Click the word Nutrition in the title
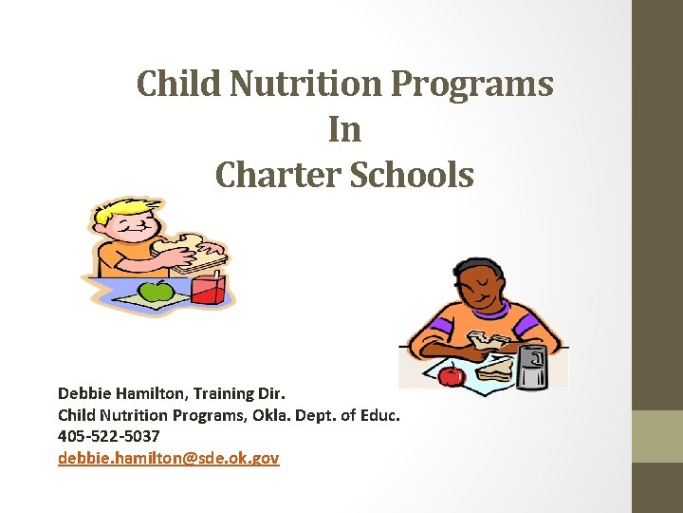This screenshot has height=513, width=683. (x=306, y=83)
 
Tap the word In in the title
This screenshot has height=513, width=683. (x=344, y=128)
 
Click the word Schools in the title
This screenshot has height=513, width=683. (x=412, y=175)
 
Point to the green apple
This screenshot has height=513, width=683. (x=156, y=291)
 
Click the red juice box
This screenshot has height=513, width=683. (x=208, y=289)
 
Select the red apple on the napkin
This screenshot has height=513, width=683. (x=452, y=375)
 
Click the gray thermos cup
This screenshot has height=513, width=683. (x=531, y=367)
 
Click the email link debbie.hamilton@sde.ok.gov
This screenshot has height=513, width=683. (x=168, y=458)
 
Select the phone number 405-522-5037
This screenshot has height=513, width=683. (x=108, y=436)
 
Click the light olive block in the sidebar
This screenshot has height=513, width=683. (x=657, y=436)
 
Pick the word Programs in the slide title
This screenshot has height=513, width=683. (x=472, y=84)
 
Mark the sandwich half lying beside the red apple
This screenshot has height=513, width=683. (x=495, y=370)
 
